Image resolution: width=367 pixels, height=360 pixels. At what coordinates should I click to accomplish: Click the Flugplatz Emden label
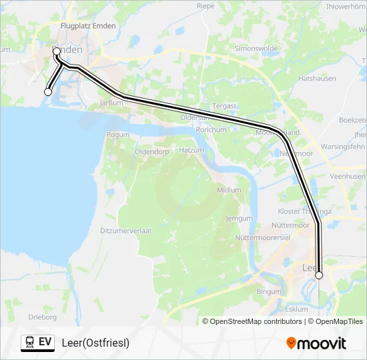(x=87, y=26)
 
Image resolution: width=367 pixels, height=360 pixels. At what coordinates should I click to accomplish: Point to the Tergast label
(x=224, y=106)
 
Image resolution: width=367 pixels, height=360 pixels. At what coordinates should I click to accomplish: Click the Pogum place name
(x=117, y=135)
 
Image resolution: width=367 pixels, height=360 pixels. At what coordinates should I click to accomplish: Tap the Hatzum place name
(x=191, y=151)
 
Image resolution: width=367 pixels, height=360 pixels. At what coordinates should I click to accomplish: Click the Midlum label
(x=229, y=190)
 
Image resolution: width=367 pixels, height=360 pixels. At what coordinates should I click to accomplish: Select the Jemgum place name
(x=239, y=218)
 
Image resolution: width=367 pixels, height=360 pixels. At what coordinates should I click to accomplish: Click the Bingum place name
(x=269, y=292)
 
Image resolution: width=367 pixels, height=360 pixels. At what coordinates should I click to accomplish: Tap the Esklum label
(x=296, y=309)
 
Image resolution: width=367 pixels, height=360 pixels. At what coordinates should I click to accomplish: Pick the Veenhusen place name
(x=347, y=177)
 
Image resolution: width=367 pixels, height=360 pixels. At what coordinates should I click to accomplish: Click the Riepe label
(x=206, y=6)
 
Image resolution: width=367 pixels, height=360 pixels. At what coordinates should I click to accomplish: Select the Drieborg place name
(x=42, y=317)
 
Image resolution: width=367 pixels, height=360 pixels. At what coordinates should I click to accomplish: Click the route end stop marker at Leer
(x=319, y=275)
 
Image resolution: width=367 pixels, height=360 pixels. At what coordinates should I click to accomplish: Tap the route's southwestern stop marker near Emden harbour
(x=48, y=92)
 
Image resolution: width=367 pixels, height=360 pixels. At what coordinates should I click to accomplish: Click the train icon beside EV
(x=29, y=343)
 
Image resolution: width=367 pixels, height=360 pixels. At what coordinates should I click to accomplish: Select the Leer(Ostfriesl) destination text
(x=95, y=343)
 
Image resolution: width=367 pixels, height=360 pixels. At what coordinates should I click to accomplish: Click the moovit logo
(x=316, y=343)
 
